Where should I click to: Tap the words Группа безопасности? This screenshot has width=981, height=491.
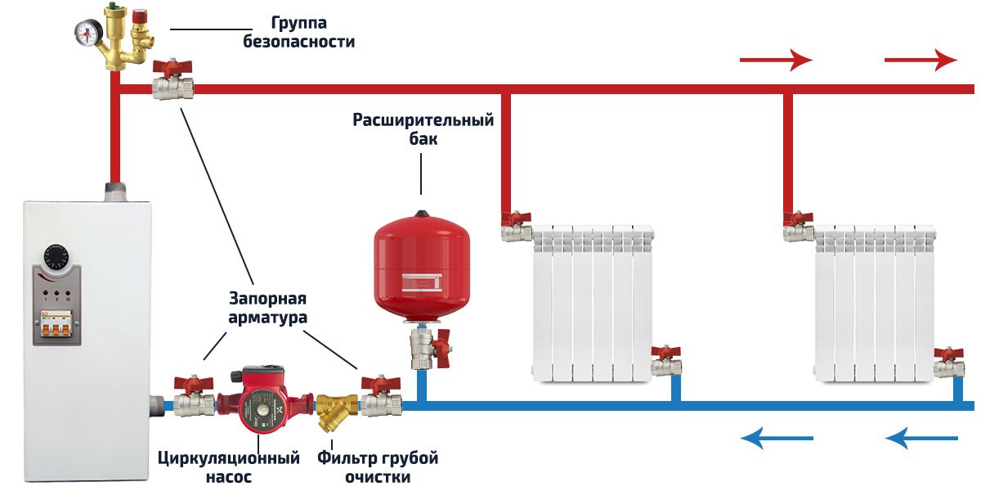click(x=299, y=32)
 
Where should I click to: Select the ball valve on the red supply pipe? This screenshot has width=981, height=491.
click(x=173, y=82)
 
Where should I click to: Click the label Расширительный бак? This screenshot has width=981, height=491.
click(x=423, y=129)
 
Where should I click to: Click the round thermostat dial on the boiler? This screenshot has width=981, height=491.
click(x=58, y=255)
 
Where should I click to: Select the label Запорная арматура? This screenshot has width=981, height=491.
click(x=269, y=308)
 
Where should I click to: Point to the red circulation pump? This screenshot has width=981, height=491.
click(x=261, y=401)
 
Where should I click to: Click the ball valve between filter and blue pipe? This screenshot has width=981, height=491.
click(x=380, y=398)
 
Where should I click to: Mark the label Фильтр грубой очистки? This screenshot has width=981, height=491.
click(x=378, y=466)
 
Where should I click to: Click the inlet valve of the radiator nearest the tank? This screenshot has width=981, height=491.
click(x=517, y=227)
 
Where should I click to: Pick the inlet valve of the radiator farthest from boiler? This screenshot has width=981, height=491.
click(x=798, y=227)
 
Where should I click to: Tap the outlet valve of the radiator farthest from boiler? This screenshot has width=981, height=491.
click(x=948, y=362)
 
